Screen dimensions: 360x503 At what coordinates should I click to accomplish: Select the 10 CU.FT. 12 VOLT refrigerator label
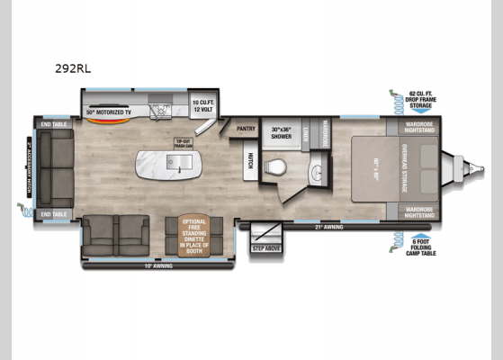pos(202,106)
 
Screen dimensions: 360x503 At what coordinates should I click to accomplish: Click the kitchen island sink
pos(178,163)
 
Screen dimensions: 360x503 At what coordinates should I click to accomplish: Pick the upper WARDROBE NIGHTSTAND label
pos(419,127)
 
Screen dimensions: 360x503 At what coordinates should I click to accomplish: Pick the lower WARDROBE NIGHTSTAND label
pos(419,211)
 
